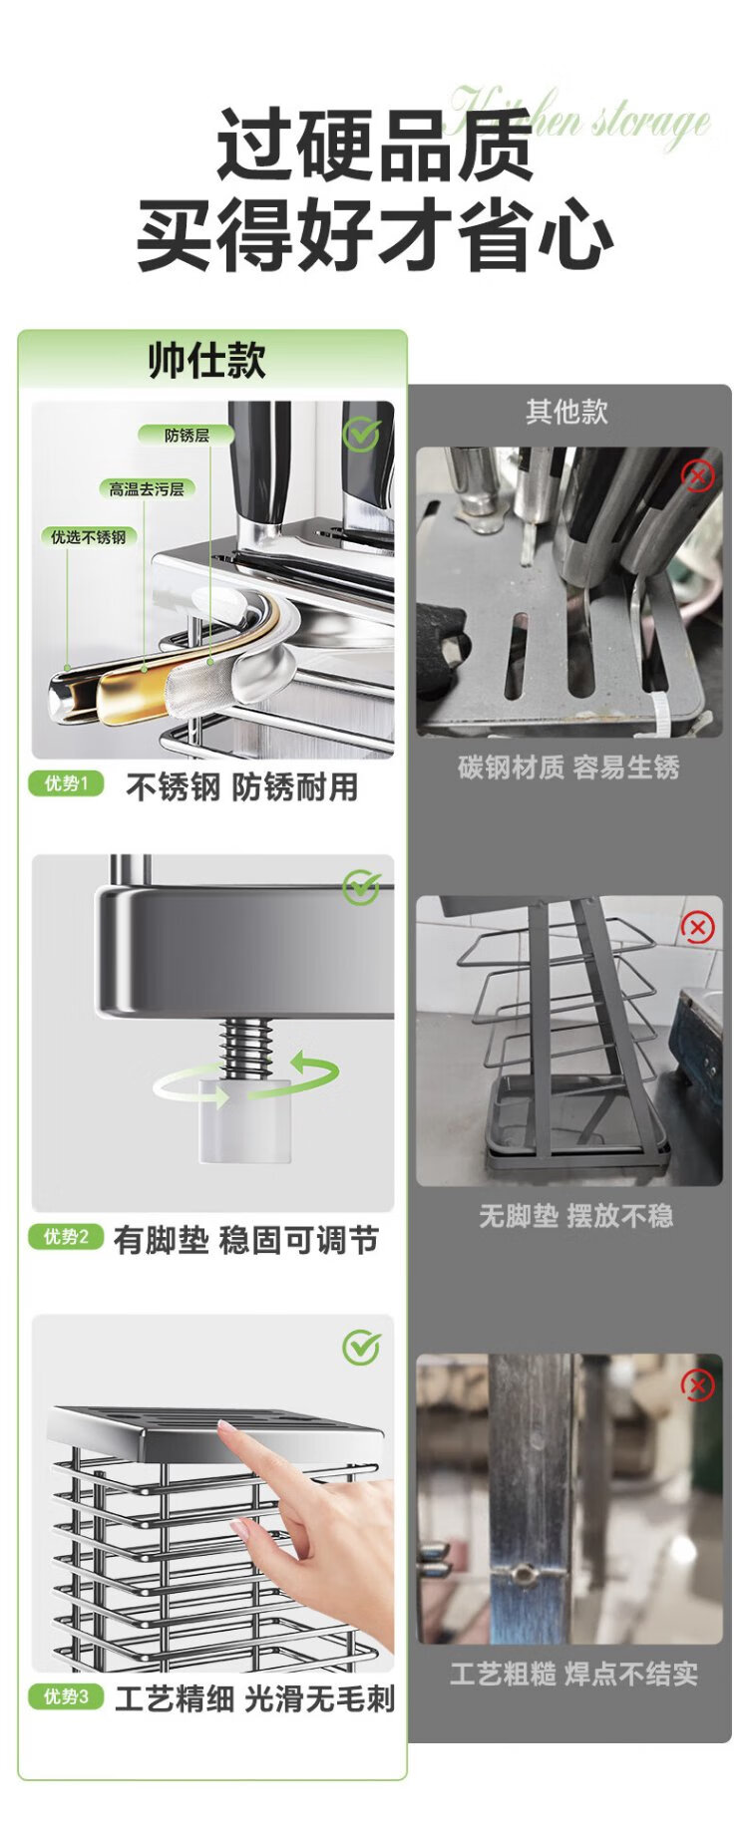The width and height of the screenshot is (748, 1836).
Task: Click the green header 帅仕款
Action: (206, 360)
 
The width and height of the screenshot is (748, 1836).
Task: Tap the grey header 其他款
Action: (566, 412)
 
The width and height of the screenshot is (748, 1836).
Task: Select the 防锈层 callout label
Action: (187, 435)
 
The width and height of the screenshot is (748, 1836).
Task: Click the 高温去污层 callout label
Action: (147, 488)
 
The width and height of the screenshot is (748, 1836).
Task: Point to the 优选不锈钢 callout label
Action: (89, 536)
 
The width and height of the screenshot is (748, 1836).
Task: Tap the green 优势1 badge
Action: (66, 783)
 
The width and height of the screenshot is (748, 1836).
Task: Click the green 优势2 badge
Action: (66, 1237)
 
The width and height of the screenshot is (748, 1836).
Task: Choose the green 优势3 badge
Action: (66, 1695)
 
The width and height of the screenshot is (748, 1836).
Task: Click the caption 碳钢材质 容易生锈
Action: (568, 766)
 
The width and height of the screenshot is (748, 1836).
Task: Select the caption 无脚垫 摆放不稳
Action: (576, 1215)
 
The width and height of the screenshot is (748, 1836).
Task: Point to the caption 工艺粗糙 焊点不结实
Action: (573, 1674)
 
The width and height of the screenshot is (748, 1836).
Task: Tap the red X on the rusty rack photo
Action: (697, 475)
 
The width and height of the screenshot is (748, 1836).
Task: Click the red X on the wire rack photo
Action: (697, 928)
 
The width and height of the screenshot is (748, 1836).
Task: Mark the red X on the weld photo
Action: (697, 1384)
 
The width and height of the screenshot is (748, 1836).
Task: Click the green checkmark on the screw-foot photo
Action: (361, 886)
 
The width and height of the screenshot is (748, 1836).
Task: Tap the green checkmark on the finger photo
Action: (361, 1347)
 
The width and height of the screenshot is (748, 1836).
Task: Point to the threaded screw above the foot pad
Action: (246, 1047)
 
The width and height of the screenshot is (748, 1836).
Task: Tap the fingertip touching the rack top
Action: (226, 1433)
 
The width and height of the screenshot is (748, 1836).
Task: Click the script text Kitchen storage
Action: (580, 120)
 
